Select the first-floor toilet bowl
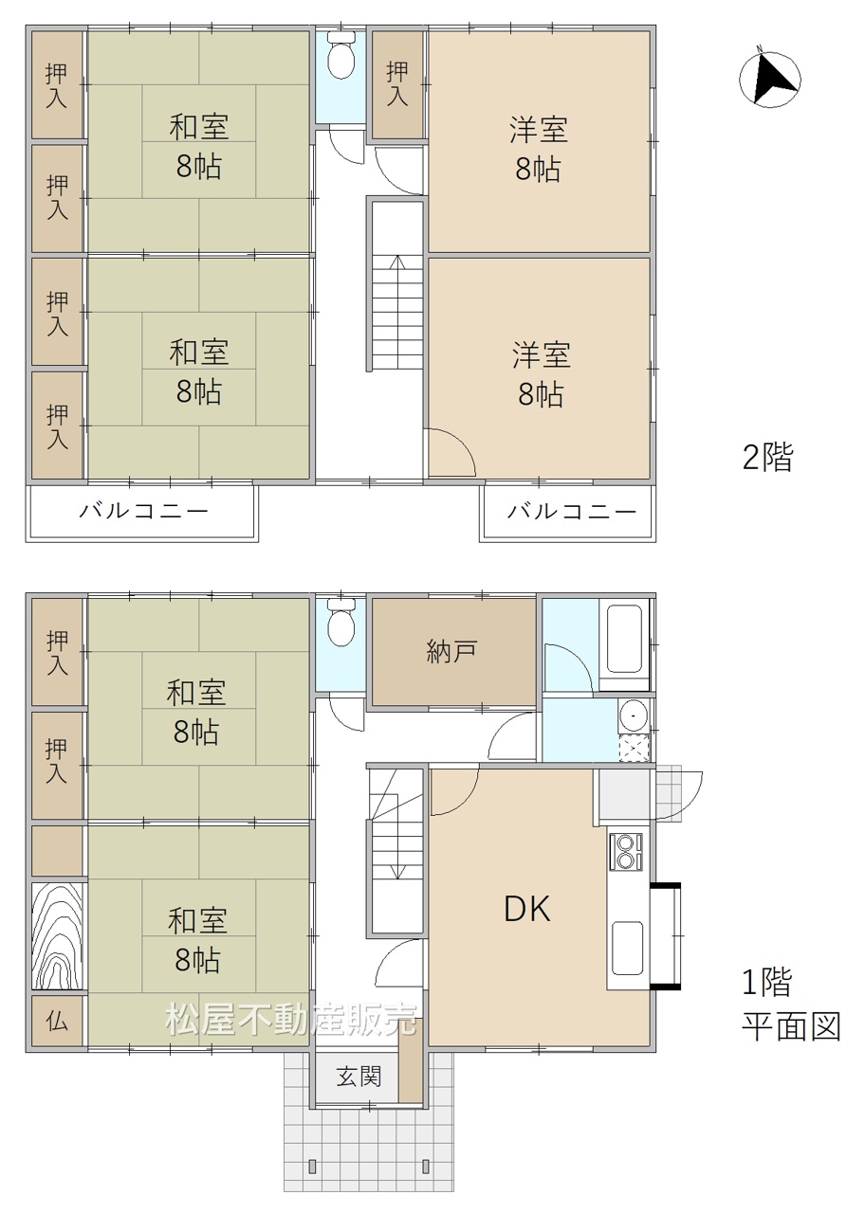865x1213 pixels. tap(340, 623)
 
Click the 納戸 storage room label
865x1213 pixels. tap(451, 651)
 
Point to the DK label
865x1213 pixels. tap(527, 908)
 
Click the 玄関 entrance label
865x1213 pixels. tap(359, 1076)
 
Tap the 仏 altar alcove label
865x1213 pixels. tap(57, 1022)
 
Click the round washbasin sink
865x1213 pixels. tap(633, 715)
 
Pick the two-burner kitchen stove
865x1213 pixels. tap(626, 852)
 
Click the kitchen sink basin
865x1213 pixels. tap(628, 948)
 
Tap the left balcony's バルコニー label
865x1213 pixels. tap(143, 511)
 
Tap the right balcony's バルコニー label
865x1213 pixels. tap(571, 511)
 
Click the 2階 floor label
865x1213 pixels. tap(767, 457)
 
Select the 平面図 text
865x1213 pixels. tap(791, 1026)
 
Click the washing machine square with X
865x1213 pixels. tap(635, 748)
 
